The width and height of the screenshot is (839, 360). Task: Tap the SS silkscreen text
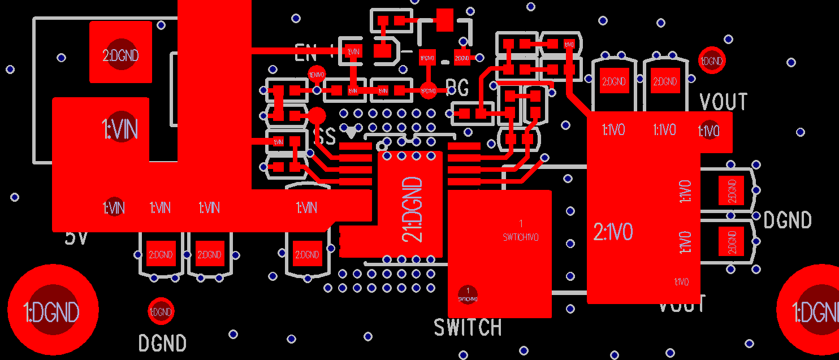pyautogui.click(x=325, y=136)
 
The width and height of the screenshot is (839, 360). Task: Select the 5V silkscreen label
pyautogui.click(x=76, y=237)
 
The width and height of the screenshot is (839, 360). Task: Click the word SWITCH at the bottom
pyautogui.click(x=468, y=327)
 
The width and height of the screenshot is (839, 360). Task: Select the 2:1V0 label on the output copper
pyautogui.click(x=613, y=232)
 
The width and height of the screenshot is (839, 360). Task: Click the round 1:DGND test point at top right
pyautogui.click(x=712, y=60)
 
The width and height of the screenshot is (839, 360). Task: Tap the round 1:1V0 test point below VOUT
pyautogui.click(x=709, y=131)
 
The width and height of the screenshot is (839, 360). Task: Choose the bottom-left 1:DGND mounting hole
pyautogui.click(x=52, y=311)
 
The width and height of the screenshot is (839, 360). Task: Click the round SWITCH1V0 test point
pyautogui.click(x=468, y=294)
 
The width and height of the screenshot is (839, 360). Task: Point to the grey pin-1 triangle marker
pyautogui.click(x=351, y=133)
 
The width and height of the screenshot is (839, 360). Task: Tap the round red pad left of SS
pyautogui.click(x=317, y=116)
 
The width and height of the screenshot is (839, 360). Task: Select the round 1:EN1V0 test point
pyautogui.click(x=317, y=74)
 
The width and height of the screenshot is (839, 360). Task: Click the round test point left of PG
pyautogui.click(x=428, y=90)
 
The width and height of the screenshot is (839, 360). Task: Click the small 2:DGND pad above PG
pyautogui.click(x=462, y=57)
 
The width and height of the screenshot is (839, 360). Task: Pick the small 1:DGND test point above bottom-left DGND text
pyautogui.click(x=161, y=311)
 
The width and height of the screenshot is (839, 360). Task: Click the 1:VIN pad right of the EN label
pyautogui.click(x=353, y=51)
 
